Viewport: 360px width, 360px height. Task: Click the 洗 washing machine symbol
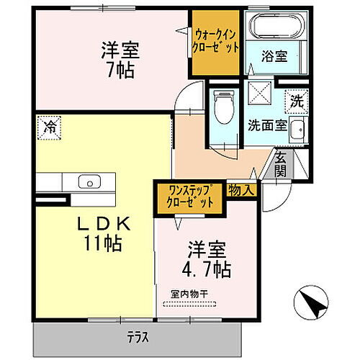click(297, 103)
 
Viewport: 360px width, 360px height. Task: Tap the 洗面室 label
click(267, 123)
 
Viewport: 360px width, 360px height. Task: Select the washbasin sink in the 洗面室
click(300, 131)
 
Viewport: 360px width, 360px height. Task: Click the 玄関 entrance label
click(282, 165)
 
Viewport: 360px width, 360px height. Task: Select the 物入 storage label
click(240, 191)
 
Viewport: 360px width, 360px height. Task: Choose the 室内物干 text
click(189, 294)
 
